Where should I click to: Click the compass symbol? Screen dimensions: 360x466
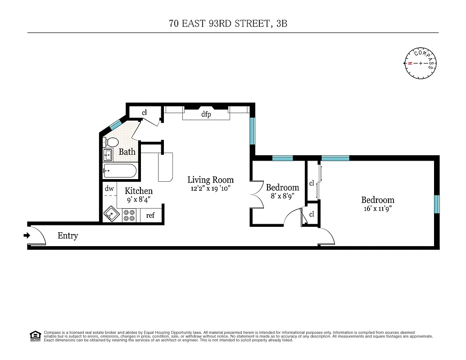pyautogui.click(x=421, y=63)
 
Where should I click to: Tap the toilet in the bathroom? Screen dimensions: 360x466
pyautogui.click(x=111, y=142)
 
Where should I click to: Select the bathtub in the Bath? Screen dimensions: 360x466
pyautogui.click(x=120, y=171)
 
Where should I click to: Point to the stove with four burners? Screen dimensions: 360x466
pyautogui.click(x=130, y=215)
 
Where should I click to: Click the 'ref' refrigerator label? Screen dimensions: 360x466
pyautogui.click(x=150, y=216)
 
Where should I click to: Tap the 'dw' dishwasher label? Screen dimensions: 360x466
pyautogui.click(x=109, y=189)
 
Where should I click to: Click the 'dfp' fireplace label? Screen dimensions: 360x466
pyautogui.click(x=206, y=115)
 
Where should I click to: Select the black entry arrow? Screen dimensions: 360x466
pyautogui.click(x=27, y=235)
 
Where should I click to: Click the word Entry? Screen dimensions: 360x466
pyautogui.click(x=68, y=236)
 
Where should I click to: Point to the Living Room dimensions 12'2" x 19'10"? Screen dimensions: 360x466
pyautogui.click(x=211, y=189)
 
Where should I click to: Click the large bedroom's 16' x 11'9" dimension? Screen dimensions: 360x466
pyautogui.click(x=377, y=209)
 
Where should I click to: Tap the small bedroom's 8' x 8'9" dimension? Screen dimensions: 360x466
pyautogui.click(x=282, y=196)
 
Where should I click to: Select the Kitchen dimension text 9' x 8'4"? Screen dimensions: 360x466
pyautogui.click(x=138, y=199)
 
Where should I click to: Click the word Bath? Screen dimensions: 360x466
pyautogui.click(x=127, y=152)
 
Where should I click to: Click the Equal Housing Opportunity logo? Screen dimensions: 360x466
pyautogui.click(x=35, y=335)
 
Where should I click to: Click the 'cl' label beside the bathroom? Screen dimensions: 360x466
pyautogui.click(x=145, y=112)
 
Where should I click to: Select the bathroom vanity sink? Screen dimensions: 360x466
pyautogui.click(x=108, y=155)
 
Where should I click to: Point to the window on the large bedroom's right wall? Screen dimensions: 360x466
pyautogui.click(x=436, y=204)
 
